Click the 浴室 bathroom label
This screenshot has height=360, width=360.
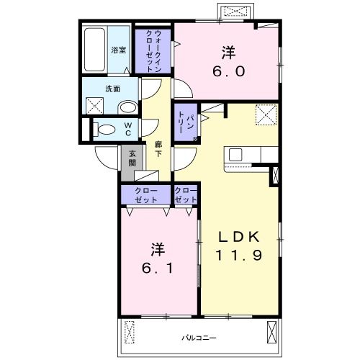tap(119, 50)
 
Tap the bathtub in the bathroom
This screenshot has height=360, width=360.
tap(95, 50)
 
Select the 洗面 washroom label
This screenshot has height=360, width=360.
tap(113, 89)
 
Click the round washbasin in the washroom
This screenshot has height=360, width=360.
tap(127, 107)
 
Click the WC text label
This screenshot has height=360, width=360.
tap(128, 129)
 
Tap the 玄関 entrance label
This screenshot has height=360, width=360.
tap(132, 158)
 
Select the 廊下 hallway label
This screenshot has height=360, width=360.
tap(158, 149)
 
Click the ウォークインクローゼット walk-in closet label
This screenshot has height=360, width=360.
tap(153, 51)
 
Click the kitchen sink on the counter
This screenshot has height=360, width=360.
tap(235, 155)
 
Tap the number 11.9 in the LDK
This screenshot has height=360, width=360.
tap(239, 255)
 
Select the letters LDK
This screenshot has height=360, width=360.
tap(239, 237)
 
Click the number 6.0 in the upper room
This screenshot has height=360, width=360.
tap(229, 71)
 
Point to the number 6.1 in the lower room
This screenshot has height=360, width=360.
tap(157, 268)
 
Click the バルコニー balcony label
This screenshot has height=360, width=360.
tap(199, 338)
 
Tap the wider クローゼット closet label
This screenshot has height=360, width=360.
tap(146, 195)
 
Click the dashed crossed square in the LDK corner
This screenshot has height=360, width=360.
tap(266, 114)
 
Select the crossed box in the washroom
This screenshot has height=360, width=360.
tap(94, 106)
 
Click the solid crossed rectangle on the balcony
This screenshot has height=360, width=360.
tap(272, 332)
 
